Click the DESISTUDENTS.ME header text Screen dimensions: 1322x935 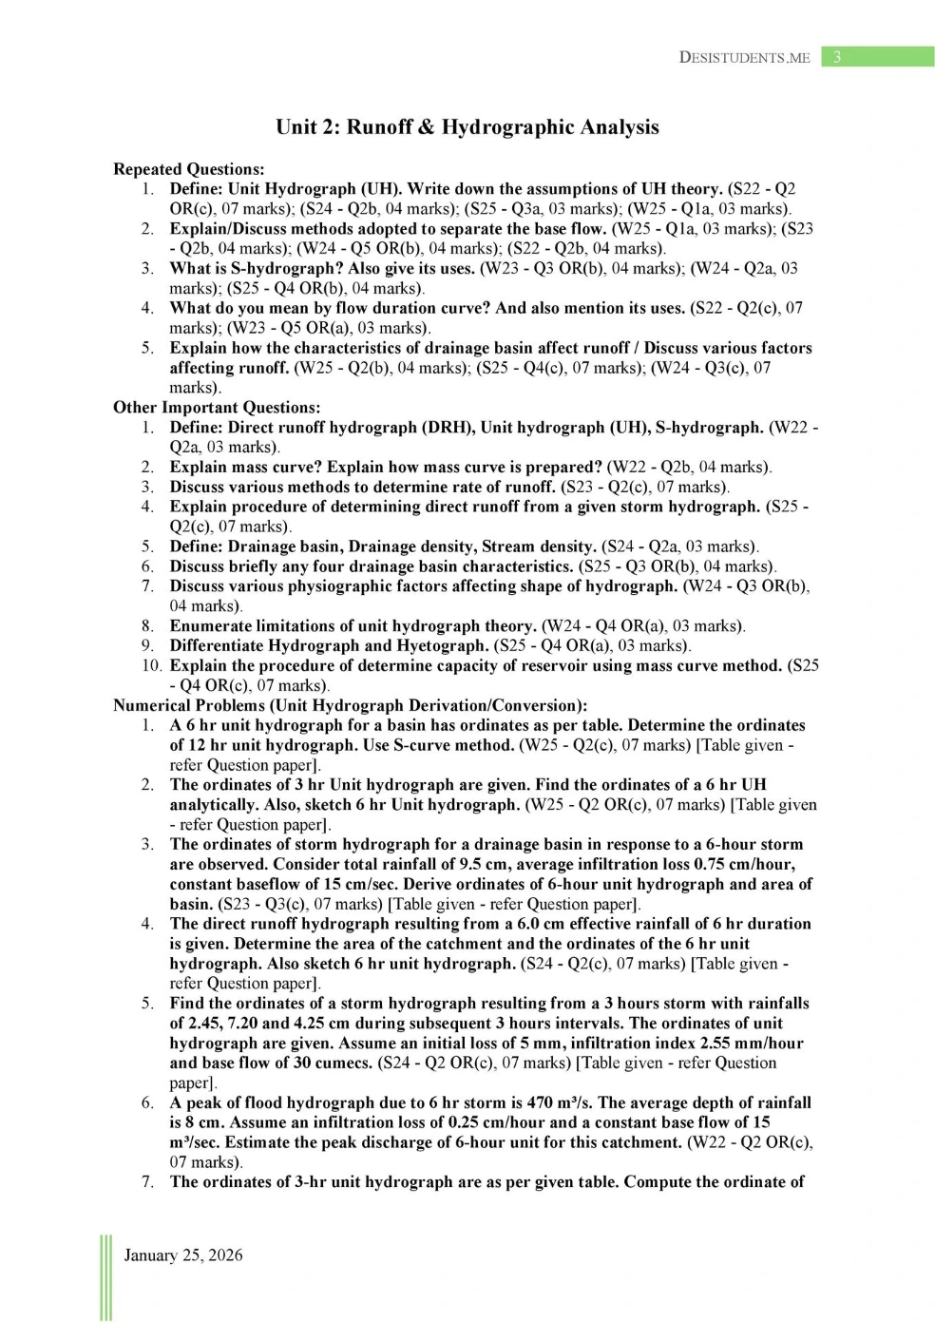[x=744, y=58]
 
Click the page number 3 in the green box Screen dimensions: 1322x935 [x=836, y=57]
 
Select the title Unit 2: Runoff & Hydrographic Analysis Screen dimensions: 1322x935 [x=467, y=127]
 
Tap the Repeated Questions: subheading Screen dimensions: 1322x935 [x=188, y=169]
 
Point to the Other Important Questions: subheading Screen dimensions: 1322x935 [x=217, y=408]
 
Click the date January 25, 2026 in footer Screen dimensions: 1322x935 [x=183, y=1255]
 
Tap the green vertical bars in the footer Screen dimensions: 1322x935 [x=105, y=1277]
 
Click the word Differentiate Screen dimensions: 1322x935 [x=218, y=645]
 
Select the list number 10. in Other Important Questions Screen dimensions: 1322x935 [x=152, y=665]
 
